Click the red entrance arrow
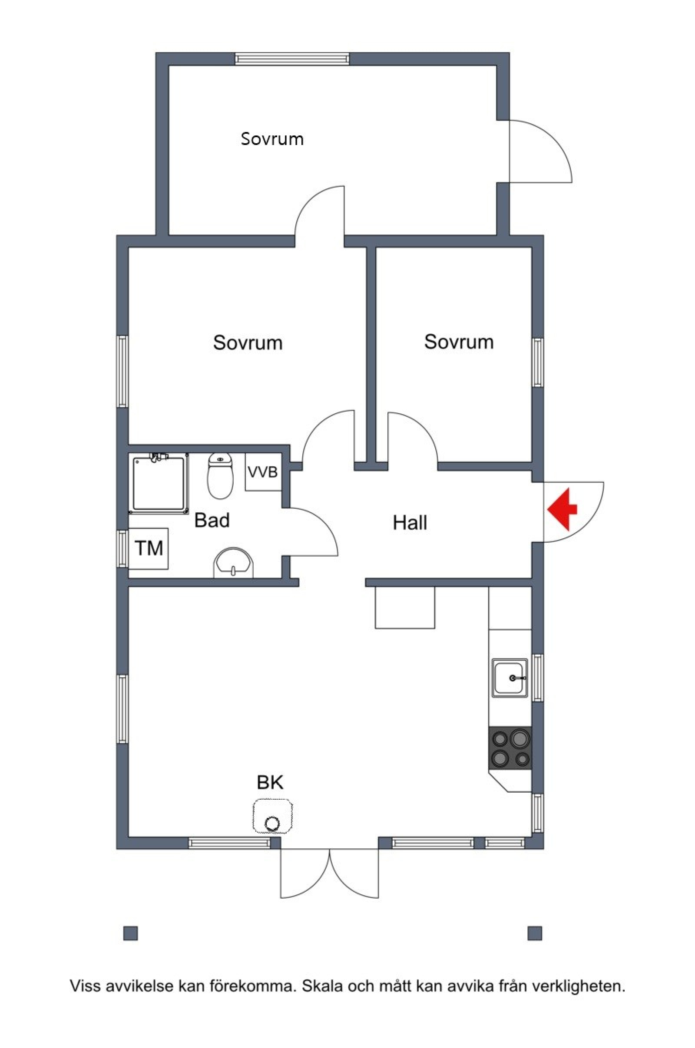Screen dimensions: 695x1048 pos(562,509)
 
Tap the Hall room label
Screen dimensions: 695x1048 pos(410,523)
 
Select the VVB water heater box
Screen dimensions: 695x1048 pos(263,472)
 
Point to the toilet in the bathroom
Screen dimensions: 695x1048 pos(220,476)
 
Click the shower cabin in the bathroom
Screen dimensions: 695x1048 pos(159,484)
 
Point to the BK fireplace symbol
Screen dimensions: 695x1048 pos(273,816)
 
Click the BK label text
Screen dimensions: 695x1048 pos(270,783)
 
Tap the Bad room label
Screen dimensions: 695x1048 pos(212,520)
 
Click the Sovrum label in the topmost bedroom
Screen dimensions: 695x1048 pos(272,139)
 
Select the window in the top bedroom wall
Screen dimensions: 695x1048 pos(292,59)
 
